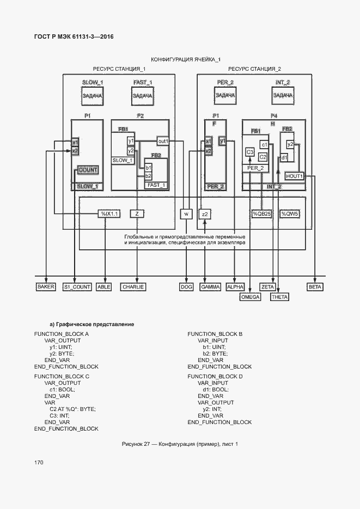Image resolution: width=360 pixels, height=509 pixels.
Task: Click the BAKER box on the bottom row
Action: pos(46,286)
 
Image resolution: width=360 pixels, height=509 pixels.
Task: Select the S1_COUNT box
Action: pos(77,286)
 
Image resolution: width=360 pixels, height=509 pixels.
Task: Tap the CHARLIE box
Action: pos(133,286)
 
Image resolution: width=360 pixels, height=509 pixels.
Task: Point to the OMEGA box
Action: pos(250,297)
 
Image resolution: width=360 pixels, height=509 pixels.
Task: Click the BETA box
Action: pos(315,286)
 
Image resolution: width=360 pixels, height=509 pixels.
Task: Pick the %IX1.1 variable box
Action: pos(108,214)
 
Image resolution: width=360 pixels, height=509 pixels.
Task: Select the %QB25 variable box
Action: pos(261,214)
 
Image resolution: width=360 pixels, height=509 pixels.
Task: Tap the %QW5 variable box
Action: pos(289,214)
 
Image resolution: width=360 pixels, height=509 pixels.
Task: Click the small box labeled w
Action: pos(186,214)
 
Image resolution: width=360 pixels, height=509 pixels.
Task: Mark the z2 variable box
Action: pos(205,214)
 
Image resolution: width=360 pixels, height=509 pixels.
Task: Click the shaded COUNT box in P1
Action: pos(88,170)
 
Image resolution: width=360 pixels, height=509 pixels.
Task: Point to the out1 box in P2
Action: pos(163,141)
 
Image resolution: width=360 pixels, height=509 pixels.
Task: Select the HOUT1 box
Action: pos(294,176)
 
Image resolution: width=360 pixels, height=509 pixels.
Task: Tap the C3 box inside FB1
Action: pos(250,152)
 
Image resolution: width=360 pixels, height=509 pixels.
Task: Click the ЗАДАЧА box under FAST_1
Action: pos(142,95)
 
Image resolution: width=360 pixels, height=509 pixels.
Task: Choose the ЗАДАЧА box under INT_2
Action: pos(283,95)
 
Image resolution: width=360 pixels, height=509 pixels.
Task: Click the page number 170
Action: pos(39,462)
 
